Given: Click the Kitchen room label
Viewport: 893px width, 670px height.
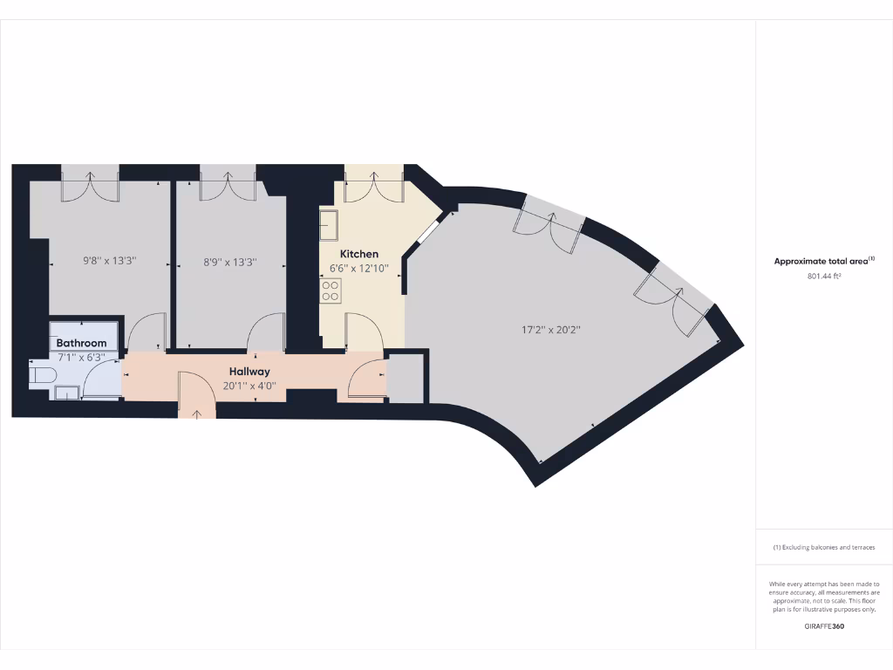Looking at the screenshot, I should [x=358, y=254].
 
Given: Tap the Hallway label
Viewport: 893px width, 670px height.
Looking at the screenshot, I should [x=249, y=372].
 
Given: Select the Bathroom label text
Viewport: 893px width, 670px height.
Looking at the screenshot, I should [x=82, y=344].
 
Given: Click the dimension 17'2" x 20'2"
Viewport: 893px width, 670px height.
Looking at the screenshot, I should [x=551, y=330].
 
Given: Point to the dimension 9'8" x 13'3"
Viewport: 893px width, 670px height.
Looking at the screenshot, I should [x=109, y=261].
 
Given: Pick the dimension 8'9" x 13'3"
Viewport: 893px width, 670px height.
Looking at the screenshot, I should [x=230, y=261].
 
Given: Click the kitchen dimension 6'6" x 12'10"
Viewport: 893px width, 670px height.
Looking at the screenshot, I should [x=358, y=268].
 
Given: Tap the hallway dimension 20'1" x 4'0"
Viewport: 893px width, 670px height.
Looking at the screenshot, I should [x=249, y=385].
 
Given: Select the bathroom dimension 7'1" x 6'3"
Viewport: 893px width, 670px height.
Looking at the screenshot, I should [x=82, y=357].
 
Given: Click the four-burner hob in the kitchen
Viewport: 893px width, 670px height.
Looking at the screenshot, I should [x=331, y=291].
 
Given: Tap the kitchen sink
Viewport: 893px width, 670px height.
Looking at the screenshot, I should [x=329, y=225].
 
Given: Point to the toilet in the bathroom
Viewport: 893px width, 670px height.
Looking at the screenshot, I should [x=41, y=375].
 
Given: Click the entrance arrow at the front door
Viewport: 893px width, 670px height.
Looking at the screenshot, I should [x=197, y=414].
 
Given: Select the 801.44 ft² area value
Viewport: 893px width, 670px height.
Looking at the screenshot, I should [x=824, y=277].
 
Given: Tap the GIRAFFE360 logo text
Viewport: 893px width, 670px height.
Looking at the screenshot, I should [x=824, y=626].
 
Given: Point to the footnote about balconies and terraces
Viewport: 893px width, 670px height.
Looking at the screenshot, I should [x=824, y=548].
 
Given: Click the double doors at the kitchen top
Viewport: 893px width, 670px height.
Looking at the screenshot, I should [x=373, y=185].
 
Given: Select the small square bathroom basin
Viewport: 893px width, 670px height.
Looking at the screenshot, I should [x=66, y=393].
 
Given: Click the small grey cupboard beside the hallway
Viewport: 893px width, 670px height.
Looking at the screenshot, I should [x=405, y=377].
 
